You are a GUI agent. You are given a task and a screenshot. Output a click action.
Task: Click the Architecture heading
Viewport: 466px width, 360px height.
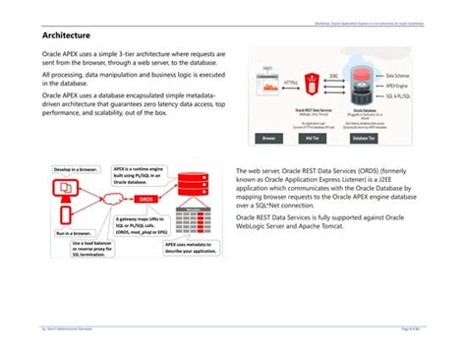[61, 35]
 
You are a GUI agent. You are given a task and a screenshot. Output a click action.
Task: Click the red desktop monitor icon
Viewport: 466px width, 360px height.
[64, 186]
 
